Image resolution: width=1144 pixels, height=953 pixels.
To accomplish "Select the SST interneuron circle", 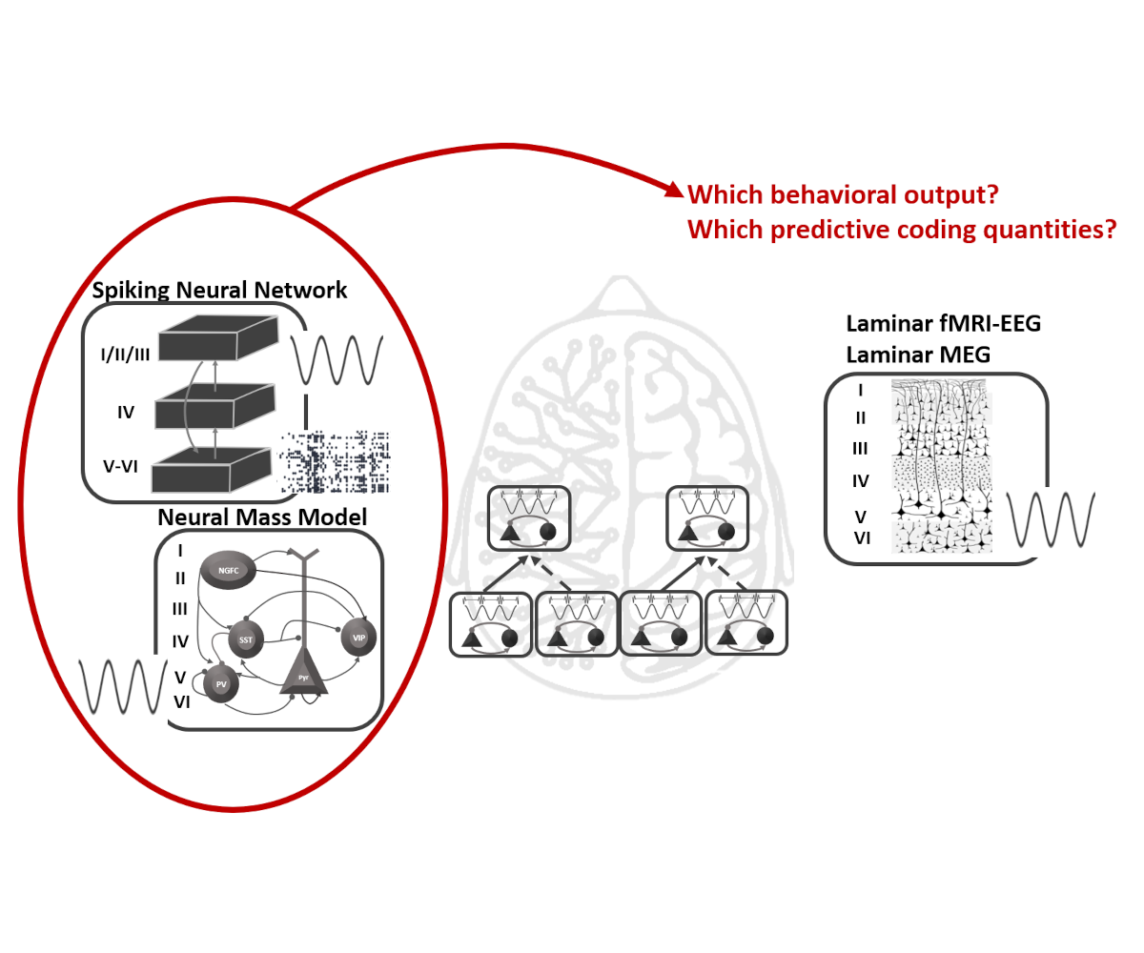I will click(246, 639).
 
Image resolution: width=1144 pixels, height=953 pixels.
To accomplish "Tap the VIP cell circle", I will click(358, 637).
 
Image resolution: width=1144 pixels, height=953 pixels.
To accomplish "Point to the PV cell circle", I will click(221, 682).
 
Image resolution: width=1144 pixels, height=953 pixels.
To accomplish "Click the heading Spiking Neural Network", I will click(220, 290).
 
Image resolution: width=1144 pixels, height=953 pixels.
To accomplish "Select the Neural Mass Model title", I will click(262, 517).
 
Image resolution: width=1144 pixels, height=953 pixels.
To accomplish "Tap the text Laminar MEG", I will click(918, 355).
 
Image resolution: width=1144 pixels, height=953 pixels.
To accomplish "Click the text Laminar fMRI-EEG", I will click(943, 323).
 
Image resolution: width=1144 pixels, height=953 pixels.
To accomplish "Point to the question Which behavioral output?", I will click(843, 195).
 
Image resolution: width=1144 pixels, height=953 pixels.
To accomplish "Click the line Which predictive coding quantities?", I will click(901, 230).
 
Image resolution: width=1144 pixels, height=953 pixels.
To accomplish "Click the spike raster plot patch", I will click(336, 461).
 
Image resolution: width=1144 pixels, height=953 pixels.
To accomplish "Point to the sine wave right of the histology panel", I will click(1051, 520).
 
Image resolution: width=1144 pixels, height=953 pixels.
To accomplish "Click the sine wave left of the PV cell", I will click(115, 684).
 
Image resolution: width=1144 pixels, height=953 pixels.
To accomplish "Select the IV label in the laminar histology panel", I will click(860, 481).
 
